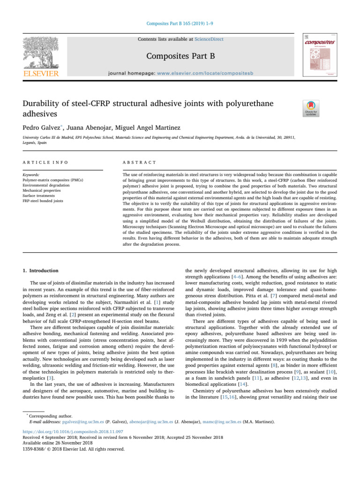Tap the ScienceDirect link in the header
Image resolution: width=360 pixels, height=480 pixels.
[x=210, y=39]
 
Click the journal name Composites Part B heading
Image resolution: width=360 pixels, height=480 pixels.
[x=180, y=57]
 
